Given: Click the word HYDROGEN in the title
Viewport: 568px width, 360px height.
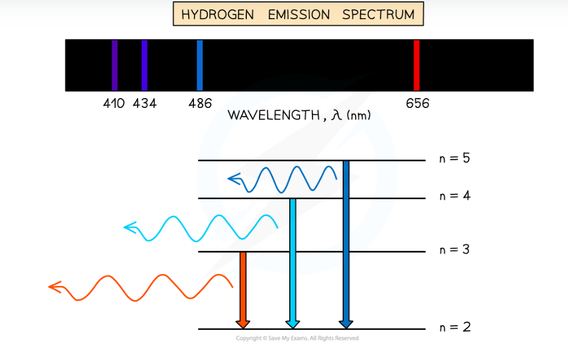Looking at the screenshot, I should coord(218,15).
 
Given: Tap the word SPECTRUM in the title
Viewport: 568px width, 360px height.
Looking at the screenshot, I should coord(378,15).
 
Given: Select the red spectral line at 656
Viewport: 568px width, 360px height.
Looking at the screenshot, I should coord(416,65).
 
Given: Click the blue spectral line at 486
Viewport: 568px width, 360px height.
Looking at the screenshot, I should coord(200,65).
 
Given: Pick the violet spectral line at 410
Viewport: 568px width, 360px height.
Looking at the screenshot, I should coord(115,65).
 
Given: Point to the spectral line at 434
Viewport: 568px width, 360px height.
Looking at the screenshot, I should coord(144,65).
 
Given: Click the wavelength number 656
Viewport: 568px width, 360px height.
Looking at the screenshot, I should coord(418,104).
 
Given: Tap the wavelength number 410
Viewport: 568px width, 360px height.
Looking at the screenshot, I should coord(114,104).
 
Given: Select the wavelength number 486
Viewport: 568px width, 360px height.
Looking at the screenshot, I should coord(200,104).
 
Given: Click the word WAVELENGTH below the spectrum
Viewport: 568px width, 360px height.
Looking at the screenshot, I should coord(272,115).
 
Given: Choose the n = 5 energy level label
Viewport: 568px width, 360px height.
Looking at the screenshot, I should coord(454,158).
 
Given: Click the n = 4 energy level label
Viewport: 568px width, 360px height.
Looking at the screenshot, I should coord(454,196).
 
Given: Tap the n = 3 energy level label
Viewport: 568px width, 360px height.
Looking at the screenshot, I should coord(454,250).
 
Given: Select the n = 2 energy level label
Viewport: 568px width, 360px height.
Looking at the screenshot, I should coord(454,327).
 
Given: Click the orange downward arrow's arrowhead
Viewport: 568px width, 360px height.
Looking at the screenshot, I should coord(243,323).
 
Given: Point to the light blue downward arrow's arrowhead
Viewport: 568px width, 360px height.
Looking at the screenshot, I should coord(293,323).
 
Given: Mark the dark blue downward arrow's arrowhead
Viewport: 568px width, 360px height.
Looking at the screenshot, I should coord(346,323).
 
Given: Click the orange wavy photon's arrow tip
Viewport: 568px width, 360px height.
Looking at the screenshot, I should coord(52,286).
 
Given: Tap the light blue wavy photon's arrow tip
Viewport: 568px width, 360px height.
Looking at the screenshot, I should coord(128,227).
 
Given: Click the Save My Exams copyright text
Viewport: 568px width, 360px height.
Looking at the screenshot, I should coord(297,339).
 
